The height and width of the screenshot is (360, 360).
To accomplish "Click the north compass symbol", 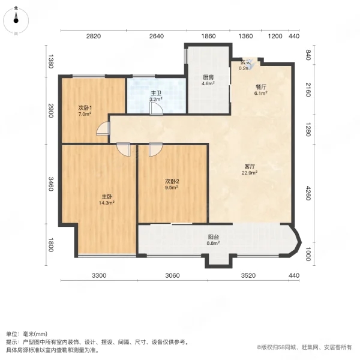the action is pos(16,20).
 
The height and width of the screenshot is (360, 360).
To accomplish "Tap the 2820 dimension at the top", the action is pos(94,36).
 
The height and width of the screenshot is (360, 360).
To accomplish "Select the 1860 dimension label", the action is pos(208,36).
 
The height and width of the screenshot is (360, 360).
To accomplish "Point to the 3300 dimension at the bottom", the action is pos(99,275).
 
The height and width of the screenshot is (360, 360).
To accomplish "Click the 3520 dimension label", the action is pos(248,275).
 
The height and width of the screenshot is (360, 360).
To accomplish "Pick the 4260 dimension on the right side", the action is pos(308,193).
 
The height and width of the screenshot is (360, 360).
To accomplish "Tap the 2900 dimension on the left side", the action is pos(51,110).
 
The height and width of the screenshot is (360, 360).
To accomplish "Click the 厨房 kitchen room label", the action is pos(208,77).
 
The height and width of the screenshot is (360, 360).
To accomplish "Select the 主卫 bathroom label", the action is pos(156,93).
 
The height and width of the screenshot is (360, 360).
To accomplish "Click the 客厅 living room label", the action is pos(250,166).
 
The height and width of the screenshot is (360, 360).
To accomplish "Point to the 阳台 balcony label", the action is pos(213,237).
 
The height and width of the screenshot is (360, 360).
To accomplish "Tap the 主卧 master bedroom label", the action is pos(107,197).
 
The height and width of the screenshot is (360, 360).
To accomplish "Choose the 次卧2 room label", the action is pos(172,181).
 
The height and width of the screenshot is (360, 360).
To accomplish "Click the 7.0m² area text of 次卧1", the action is pos(85,114).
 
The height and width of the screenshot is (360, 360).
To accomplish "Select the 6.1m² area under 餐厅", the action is pos(260,93).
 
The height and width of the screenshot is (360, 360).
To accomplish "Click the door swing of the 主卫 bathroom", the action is pos(156,109).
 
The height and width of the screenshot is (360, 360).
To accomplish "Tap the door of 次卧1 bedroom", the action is pos(103,128).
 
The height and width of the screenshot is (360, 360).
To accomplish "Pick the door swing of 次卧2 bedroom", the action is pos(155,149).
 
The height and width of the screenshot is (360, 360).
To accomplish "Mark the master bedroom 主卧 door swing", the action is pos(123,149).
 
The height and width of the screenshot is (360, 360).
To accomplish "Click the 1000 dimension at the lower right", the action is pos(308,254).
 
